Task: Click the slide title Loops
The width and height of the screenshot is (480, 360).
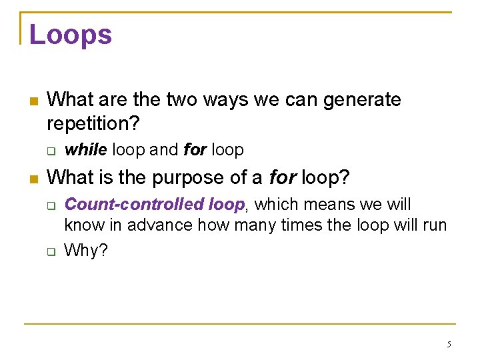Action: click(x=71, y=35)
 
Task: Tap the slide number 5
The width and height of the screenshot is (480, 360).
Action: click(x=449, y=345)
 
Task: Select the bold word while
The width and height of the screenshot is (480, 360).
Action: click(x=85, y=150)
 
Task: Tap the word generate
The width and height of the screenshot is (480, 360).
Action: click(x=362, y=100)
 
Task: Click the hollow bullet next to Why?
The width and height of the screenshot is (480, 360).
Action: click(x=52, y=252)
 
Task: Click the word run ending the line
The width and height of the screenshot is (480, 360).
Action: click(x=434, y=226)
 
